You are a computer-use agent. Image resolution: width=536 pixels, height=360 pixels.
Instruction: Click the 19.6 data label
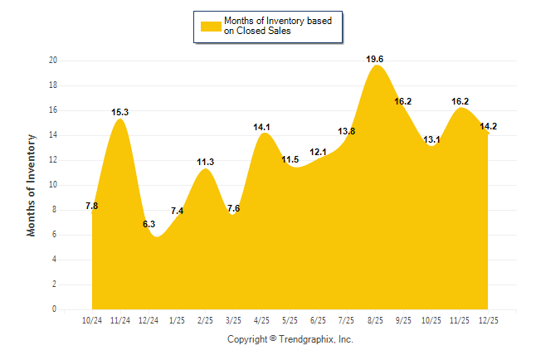click(375, 59)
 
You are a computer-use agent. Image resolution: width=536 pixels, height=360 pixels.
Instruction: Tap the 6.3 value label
click(149, 224)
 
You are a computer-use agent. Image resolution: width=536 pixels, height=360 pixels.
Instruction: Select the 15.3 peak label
click(120, 112)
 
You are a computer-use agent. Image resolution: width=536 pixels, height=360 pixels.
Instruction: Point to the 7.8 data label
click(92, 206)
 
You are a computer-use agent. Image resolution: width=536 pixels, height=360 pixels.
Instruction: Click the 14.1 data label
click(262, 127)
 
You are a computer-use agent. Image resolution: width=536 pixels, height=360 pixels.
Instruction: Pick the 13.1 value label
click(431, 139)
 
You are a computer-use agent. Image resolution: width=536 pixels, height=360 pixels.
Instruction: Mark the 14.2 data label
click(488, 126)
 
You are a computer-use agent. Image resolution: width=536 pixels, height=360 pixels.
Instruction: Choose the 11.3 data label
click(206, 162)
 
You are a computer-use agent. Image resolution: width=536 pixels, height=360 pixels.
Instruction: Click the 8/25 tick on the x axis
click(375, 319)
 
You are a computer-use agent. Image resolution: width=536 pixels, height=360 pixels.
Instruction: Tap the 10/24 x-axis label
click(92, 319)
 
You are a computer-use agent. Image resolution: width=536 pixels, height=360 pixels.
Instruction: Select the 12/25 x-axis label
click(488, 319)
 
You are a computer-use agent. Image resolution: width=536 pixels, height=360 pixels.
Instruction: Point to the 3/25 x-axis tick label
click(234, 319)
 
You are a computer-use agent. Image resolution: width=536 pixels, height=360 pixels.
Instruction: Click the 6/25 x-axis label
click(319, 319)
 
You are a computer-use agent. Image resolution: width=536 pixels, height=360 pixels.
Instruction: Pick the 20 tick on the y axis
click(52, 61)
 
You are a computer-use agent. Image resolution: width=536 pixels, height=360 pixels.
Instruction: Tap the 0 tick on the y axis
click(55, 309)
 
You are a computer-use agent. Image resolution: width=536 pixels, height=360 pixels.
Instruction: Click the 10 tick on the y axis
click(52, 185)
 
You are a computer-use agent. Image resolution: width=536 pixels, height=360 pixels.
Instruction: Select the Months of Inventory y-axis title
click(32, 185)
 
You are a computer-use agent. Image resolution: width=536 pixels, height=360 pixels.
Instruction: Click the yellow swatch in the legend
click(210, 26)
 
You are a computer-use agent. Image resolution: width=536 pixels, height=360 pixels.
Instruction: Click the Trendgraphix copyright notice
click(290, 339)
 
